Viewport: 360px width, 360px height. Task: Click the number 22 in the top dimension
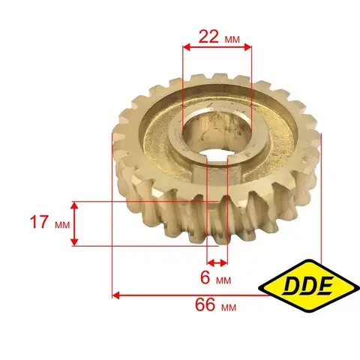coord(208,37)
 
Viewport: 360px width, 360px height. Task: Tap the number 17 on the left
coord(39,222)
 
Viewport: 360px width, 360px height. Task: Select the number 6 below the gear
coord(205,277)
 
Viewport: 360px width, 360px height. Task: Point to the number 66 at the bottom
coord(205,304)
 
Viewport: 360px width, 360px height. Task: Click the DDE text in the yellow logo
coord(308,285)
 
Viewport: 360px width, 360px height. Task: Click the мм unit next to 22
coord(232,39)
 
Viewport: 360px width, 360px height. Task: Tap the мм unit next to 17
coord(62,225)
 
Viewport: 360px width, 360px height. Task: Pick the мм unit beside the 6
coord(223,280)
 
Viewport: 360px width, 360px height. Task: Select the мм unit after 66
coord(229,307)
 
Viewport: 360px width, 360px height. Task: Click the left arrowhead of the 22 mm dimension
coord(186,47)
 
